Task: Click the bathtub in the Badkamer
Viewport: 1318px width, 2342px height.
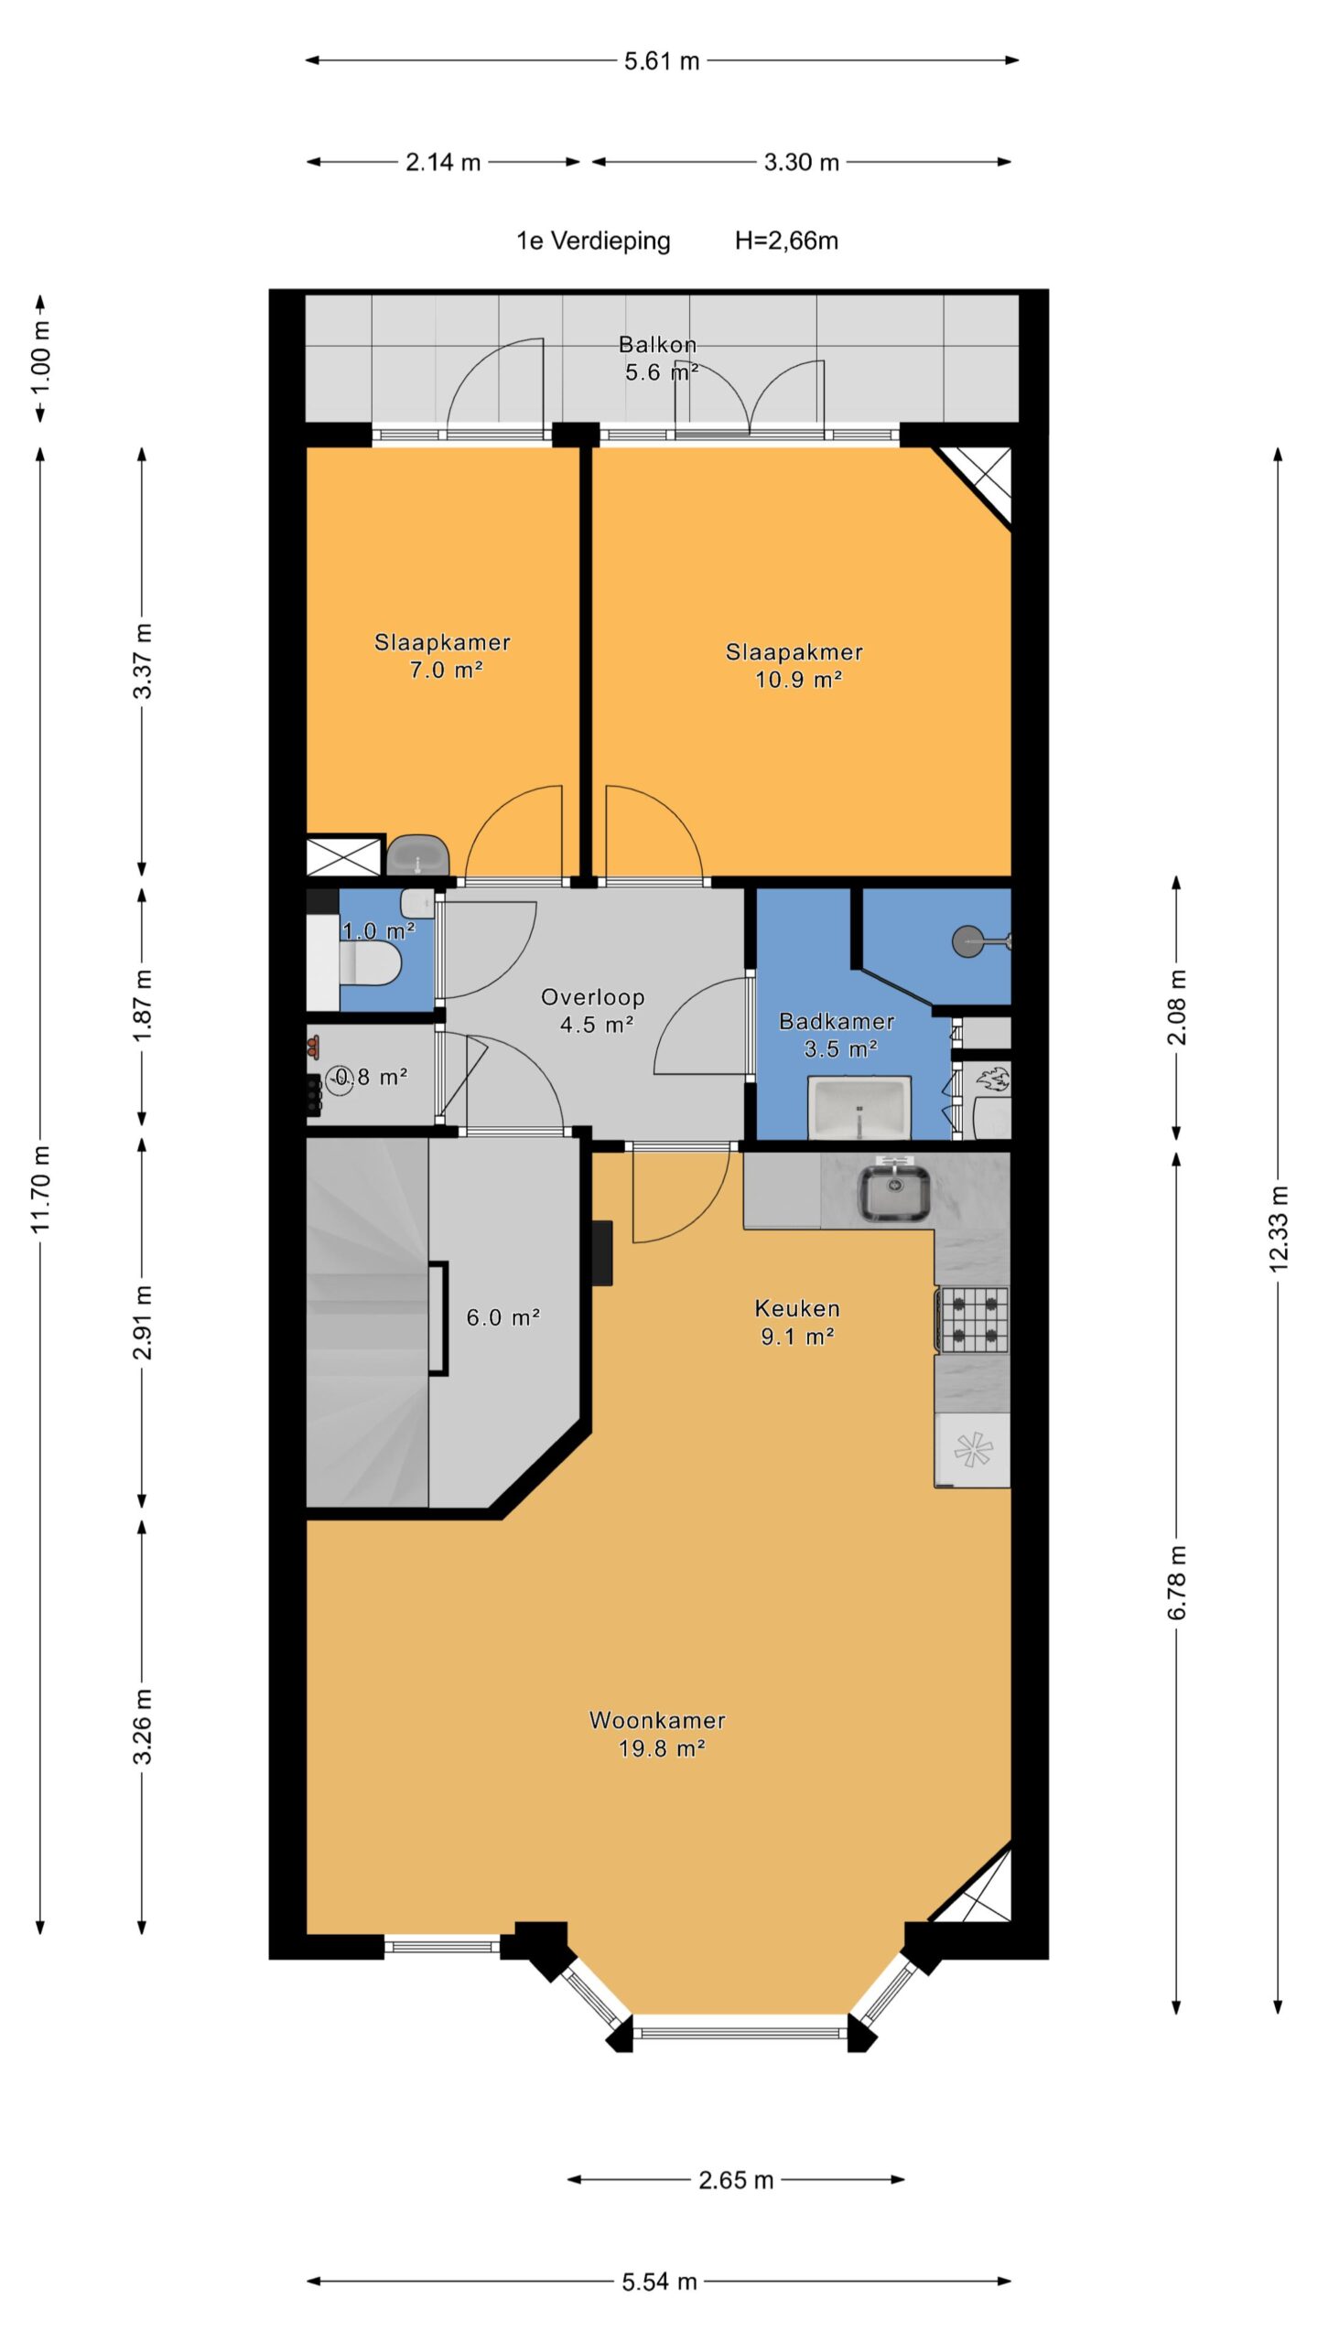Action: coord(859,1108)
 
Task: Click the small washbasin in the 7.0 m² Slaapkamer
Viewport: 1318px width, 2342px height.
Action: coord(417,855)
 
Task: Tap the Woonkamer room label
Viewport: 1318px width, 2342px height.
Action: coord(657,1721)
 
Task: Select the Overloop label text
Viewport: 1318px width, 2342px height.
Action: coord(593,997)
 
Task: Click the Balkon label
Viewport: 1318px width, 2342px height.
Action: coord(657,345)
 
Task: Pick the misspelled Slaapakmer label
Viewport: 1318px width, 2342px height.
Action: coord(794,652)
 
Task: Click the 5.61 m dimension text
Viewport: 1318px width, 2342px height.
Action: coord(662,61)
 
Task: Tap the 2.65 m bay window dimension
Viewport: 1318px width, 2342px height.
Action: coord(736,2180)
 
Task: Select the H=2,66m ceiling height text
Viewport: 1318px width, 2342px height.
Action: coord(786,241)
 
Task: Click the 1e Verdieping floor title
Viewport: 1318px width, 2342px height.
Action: coord(593,242)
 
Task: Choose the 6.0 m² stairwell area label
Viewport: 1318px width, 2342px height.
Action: coord(502,1317)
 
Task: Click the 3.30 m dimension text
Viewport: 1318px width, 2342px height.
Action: coord(802,163)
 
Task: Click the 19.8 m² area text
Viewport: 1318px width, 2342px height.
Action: coord(662,1749)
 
